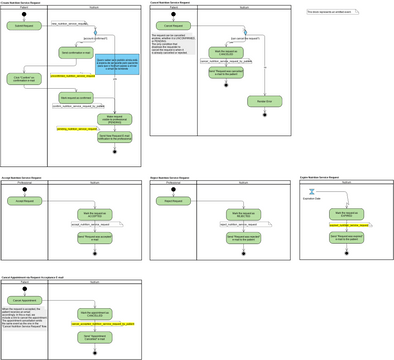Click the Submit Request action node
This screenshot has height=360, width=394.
tap(22, 26)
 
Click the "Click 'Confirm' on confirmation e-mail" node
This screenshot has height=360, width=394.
tap(22, 78)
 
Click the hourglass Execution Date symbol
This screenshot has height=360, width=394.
tap(312, 190)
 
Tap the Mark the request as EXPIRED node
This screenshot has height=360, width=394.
tap(349, 214)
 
